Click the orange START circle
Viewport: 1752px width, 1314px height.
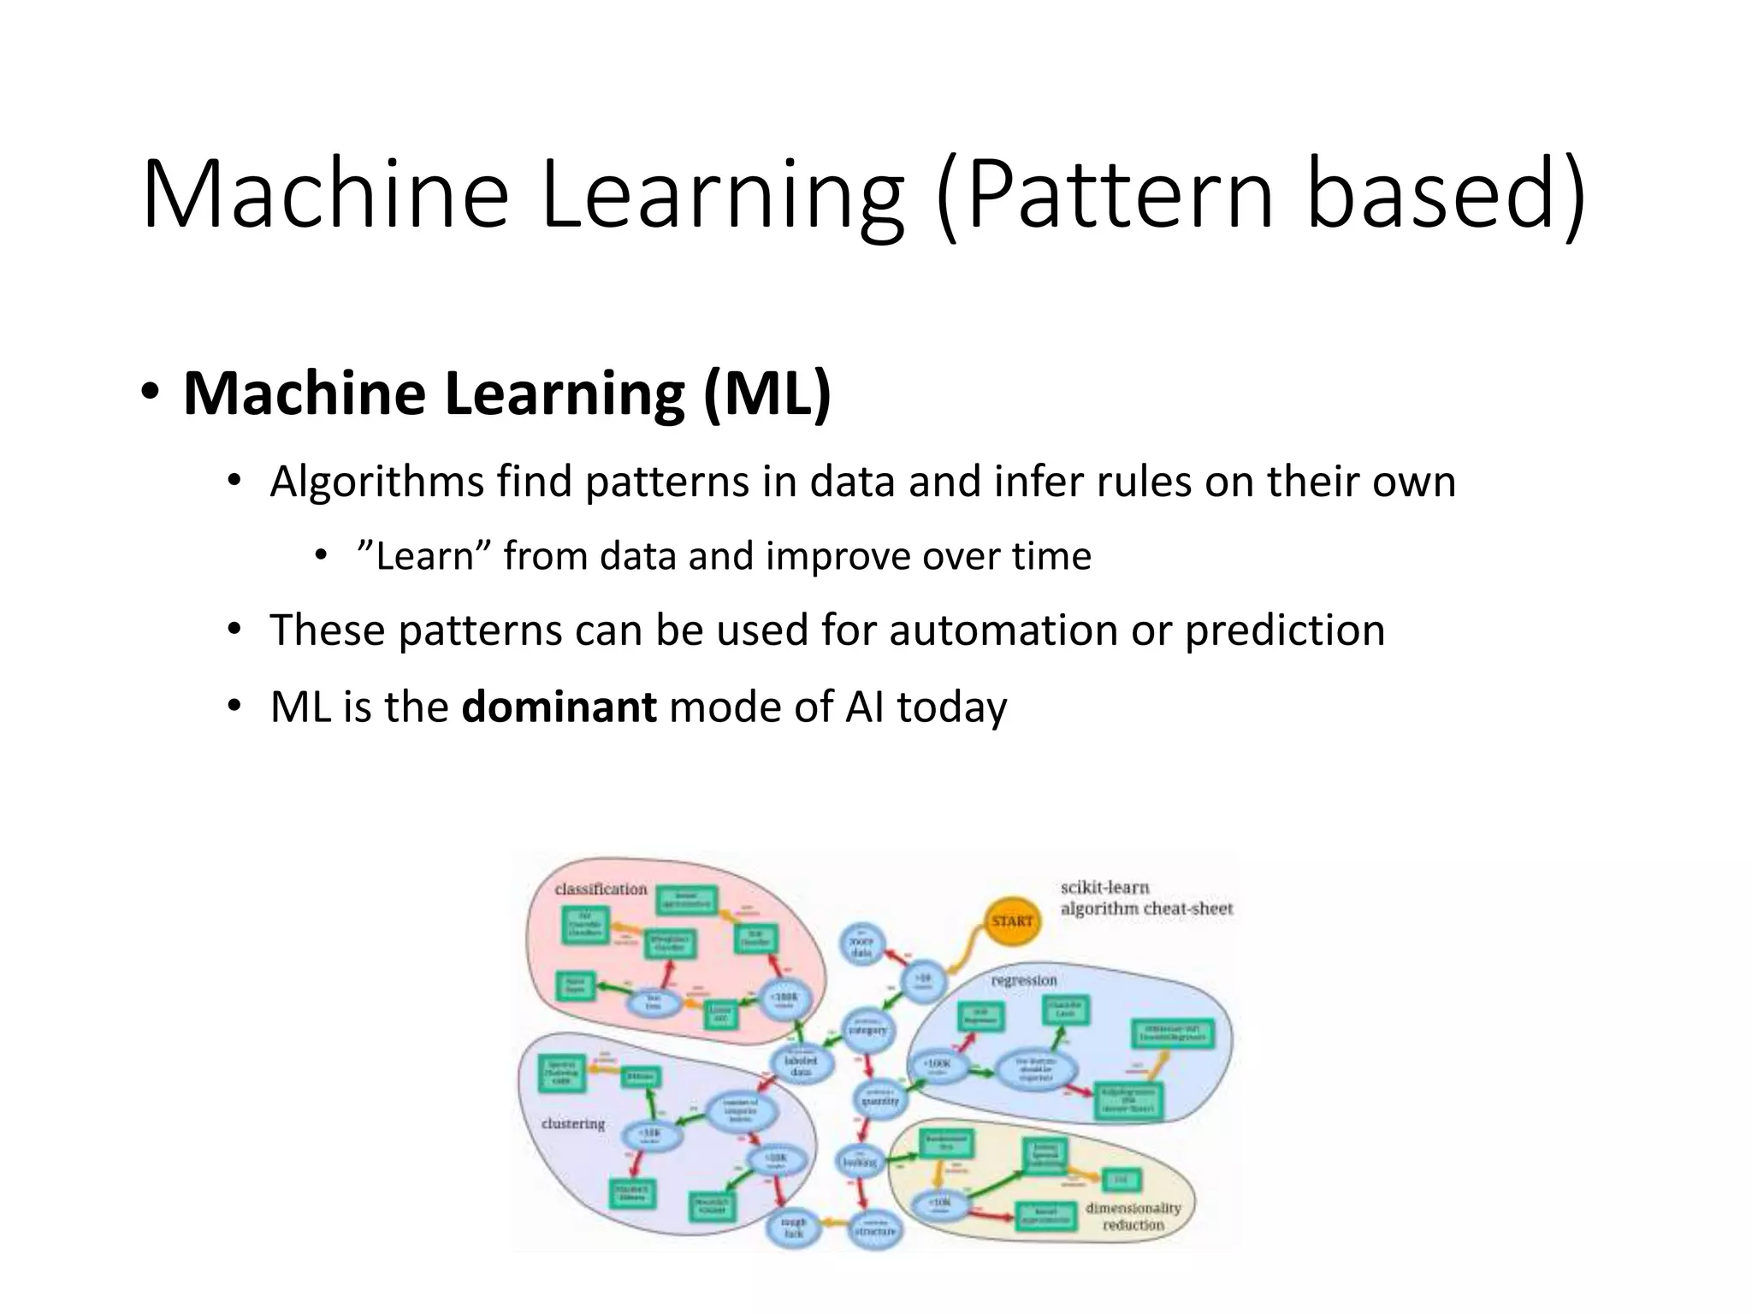1012,921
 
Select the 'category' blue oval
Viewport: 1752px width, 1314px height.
867,1029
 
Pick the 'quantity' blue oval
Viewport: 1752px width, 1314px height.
879,1099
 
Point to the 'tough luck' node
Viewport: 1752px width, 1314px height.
794,1228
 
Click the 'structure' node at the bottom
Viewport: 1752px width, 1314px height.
875,1229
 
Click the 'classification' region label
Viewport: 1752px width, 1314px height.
601,890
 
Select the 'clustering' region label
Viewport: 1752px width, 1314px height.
573,1123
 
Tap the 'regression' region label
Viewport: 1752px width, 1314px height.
1024,980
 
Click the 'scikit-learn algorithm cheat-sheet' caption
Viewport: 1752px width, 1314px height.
1145,898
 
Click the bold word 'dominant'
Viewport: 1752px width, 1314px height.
559,707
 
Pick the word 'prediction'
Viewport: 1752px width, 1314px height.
1284,630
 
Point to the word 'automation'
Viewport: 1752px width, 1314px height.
1003,630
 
